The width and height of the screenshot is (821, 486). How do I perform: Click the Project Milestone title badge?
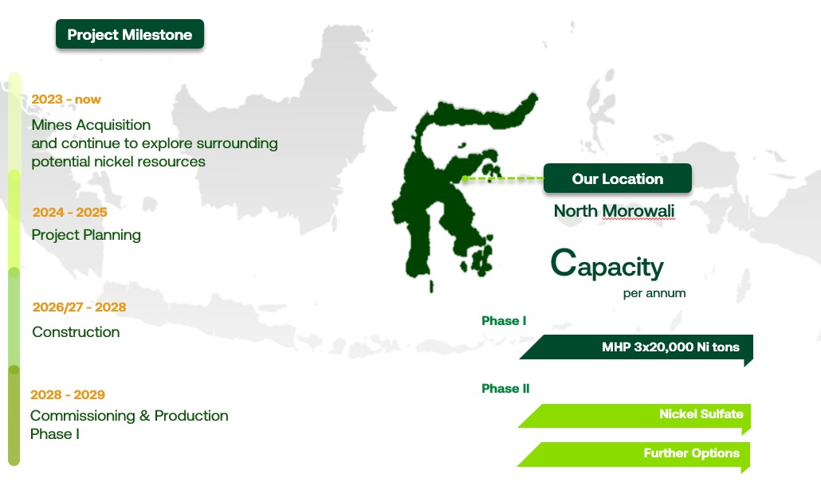click(x=130, y=34)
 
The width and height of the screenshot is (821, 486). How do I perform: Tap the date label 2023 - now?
click(x=66, y=100)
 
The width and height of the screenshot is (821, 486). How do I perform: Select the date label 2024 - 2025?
click(x=69, y=213)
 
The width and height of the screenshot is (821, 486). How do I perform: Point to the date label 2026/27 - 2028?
click(x=79, y=307)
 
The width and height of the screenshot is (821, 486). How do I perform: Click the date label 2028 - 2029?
click(x=68, y=394)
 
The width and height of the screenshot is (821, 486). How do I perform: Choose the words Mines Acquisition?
click(x=91, y=125)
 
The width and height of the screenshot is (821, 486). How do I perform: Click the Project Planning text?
click(x=86, y=235)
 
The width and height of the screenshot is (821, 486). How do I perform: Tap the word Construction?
click(x=76, y=331)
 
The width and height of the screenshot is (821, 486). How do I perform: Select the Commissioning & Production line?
click(x=129, y=415)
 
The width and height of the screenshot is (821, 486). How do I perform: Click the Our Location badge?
click(x=617, y=178)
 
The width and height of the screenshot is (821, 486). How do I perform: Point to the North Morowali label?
click(x=615, y=211)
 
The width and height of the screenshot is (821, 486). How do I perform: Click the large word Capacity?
click(x=607, y=265)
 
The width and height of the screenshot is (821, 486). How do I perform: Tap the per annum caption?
click(x=654, y=293)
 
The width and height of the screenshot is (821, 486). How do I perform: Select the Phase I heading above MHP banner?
click(x=504, y=321)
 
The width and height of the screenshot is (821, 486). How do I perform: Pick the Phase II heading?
click(x=505, y=389)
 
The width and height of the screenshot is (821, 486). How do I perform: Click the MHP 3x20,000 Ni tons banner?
click(x=636, y=347)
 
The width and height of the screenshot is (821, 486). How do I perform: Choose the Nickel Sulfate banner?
click(x=634, y=417)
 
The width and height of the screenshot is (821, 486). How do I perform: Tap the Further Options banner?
click(x=634, y=455)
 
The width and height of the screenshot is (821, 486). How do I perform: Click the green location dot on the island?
click(x=465, y=179)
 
